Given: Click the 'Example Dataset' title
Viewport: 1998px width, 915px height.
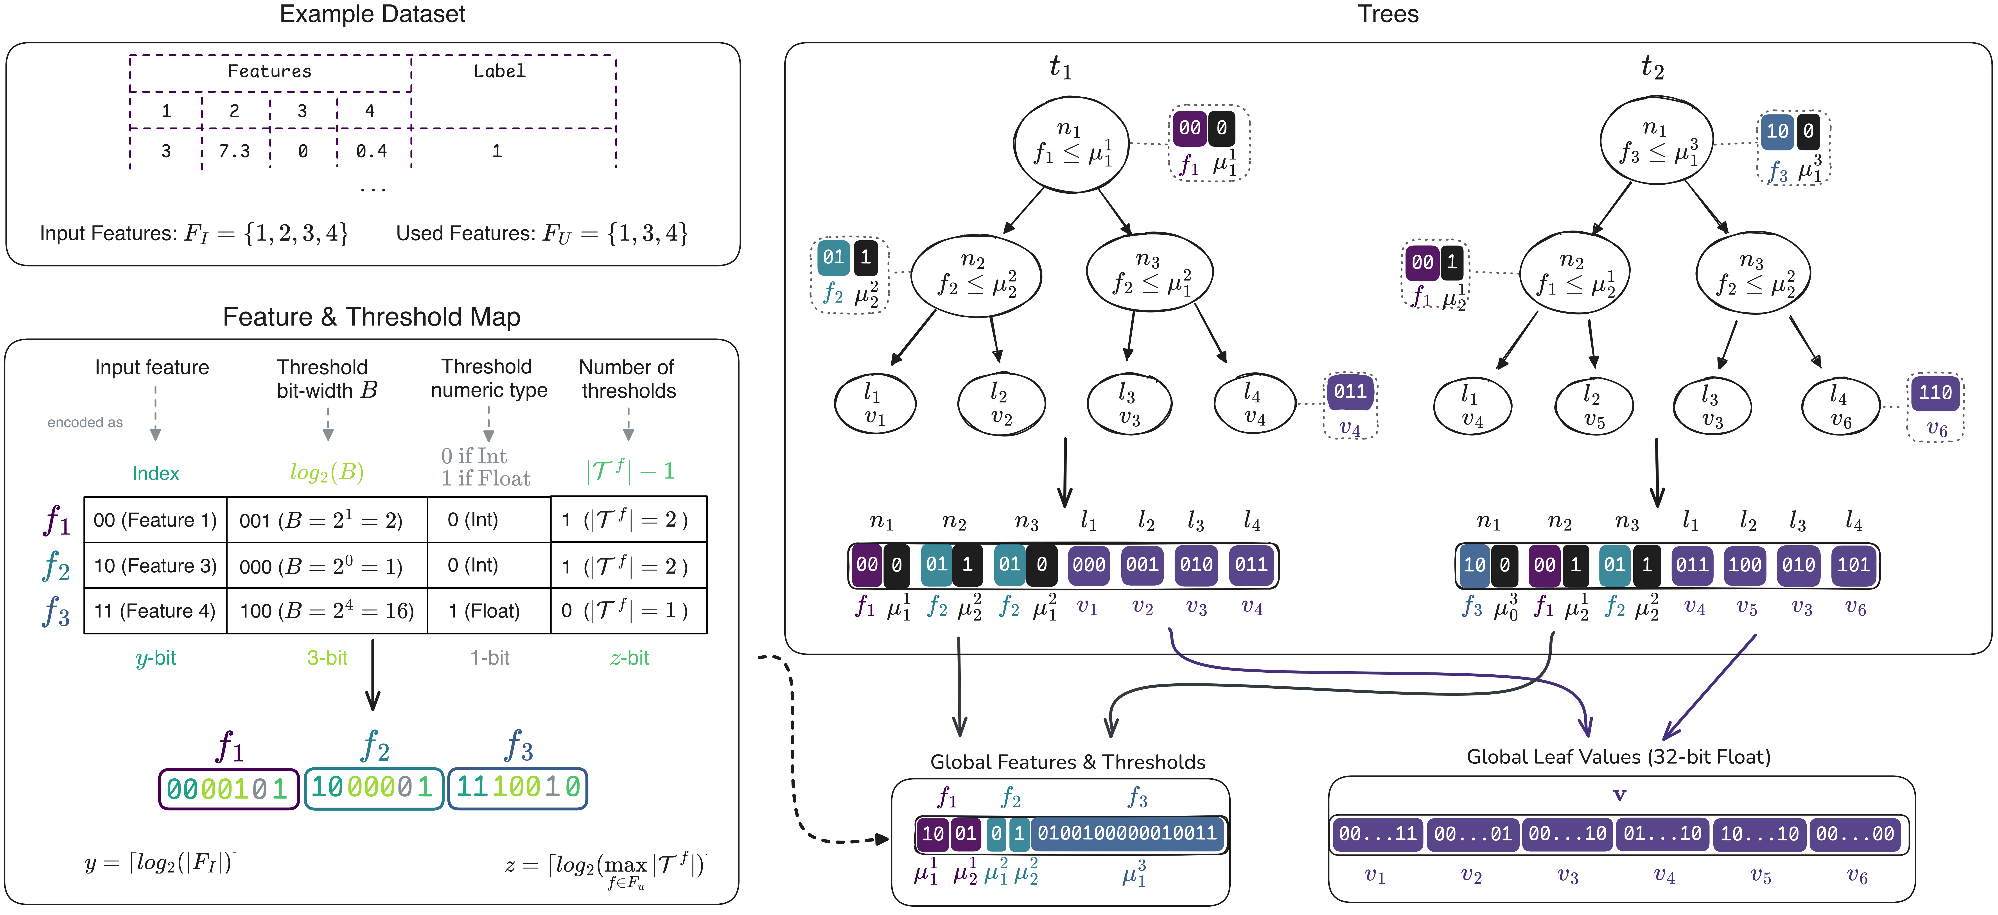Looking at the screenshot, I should (x=372, y=14).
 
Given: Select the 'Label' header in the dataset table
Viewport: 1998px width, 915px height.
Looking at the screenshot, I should (x=499, y=71).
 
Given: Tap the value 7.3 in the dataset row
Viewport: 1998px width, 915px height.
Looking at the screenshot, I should (x=234, y=151).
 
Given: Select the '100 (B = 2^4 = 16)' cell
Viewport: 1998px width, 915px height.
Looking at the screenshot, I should (x=327, y=611).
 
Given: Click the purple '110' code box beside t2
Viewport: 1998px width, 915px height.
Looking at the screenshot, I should (x=1935, y=393).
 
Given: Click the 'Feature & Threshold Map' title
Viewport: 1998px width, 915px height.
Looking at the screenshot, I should (x=372, y=316).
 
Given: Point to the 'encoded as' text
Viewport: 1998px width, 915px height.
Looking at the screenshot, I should (x=85, y=423).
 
